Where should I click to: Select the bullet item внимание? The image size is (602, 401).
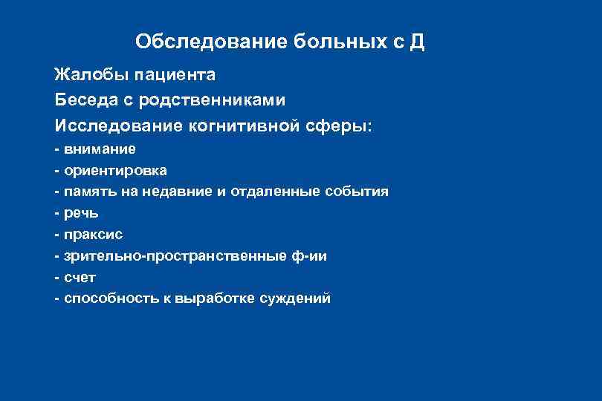(100, 149)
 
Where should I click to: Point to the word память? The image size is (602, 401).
(89, 192)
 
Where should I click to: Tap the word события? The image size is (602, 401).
(357, 192)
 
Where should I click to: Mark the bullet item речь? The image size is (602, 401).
(81, 213)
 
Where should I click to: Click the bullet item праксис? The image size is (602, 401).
(93, 235)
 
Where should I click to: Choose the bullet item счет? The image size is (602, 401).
(80, 278)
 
